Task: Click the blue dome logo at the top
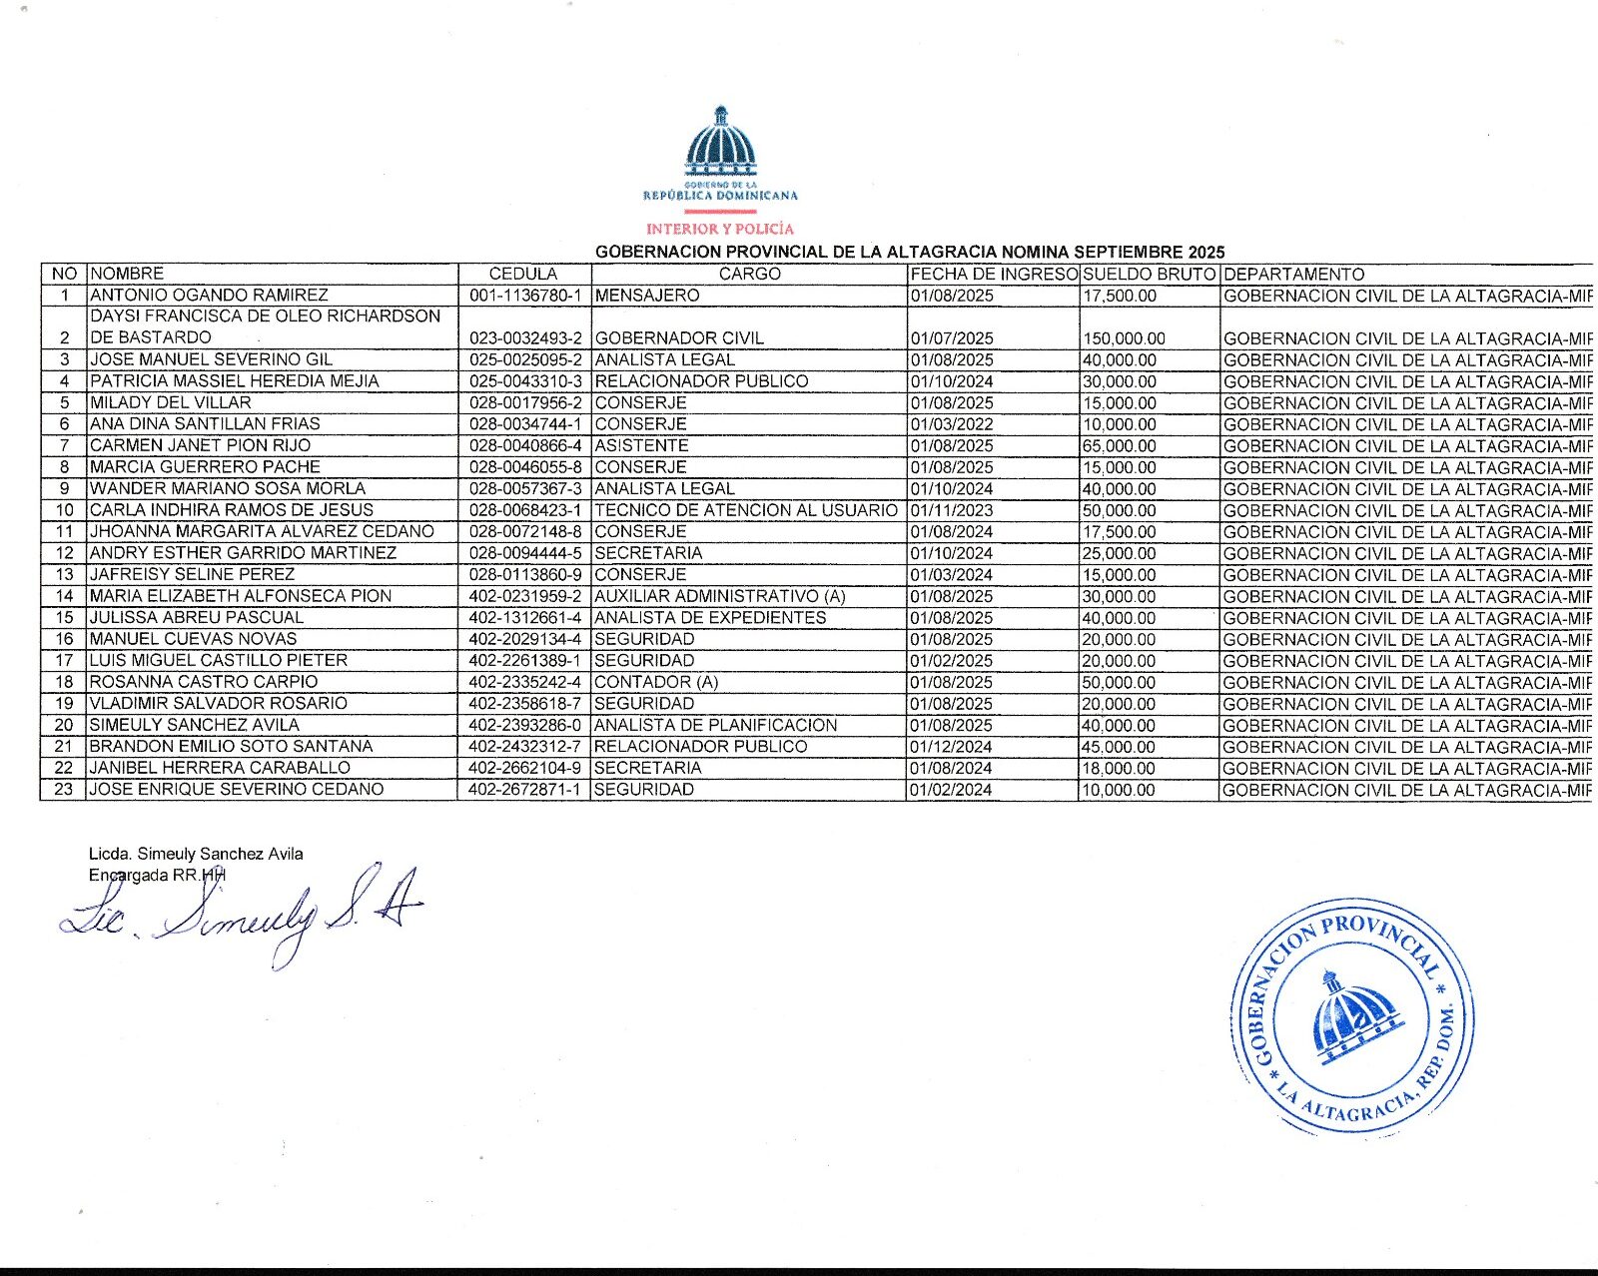pos(720,142)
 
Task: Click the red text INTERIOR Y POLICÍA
pos(720,229)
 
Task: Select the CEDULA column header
pos(523,274)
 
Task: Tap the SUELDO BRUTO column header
pos(1149,274)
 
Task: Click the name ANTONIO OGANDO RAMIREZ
pos(209,296)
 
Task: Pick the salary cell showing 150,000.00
pos(1125,338)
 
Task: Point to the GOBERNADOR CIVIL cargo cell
pos(679,338)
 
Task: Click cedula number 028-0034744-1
pos(524,424)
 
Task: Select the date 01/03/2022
pos(952,424)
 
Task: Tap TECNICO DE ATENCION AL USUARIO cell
pos(746,510)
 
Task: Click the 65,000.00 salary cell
pos(1120,446)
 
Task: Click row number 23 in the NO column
pos(64,790)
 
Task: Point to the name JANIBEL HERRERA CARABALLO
pos(220,768)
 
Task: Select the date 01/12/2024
pos(952,747)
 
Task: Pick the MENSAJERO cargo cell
pos(647,296)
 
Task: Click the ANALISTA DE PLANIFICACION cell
pos(715,725)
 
